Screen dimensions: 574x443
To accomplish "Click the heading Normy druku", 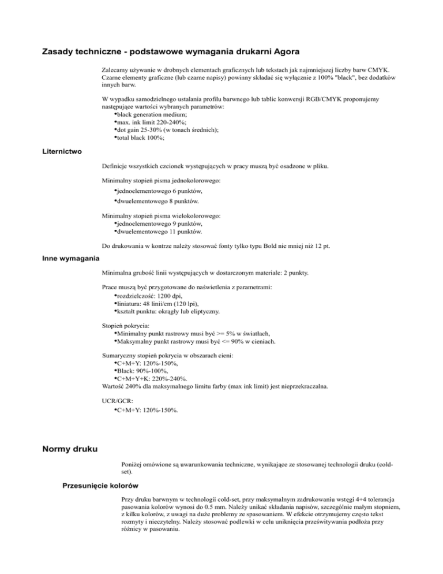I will pos(70,448).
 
